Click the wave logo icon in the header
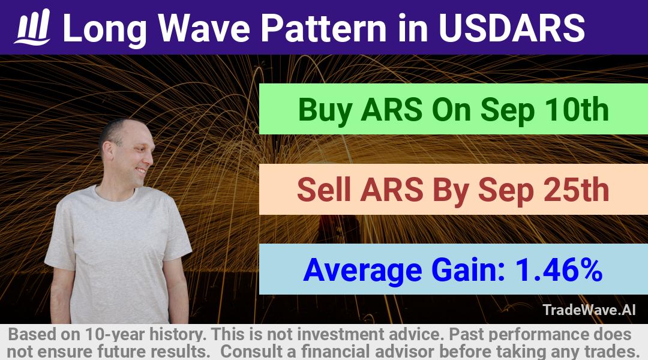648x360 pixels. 32,27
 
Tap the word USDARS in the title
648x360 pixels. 512,28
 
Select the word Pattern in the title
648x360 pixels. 323,28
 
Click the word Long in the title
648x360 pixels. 105,29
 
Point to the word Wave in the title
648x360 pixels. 205,28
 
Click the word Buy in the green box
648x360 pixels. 325,110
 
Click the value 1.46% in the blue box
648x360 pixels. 559,269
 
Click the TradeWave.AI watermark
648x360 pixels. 589,310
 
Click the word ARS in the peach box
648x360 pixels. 391,190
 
